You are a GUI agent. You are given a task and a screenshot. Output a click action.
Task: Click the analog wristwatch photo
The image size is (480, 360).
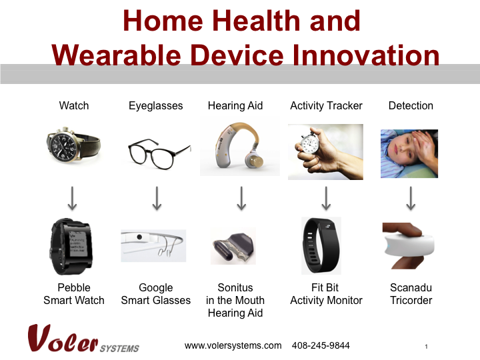click(73, 144)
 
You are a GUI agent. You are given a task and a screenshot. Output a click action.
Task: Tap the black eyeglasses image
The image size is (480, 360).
click(156, 151)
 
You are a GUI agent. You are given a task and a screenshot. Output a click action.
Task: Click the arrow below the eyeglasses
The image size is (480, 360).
click(157, 197)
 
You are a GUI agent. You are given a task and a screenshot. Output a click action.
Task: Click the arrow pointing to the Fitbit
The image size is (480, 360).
click(327, 197)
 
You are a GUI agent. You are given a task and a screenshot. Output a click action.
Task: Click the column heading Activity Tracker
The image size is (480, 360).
click(326, 105)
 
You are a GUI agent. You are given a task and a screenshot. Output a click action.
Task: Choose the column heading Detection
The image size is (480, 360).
click(411, 105)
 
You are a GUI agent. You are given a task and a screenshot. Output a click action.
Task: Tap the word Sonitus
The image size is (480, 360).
click(235, 288)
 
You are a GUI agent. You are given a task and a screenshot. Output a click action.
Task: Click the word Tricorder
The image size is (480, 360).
click(411, 300)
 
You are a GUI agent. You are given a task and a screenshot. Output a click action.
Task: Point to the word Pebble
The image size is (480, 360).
click(74, 288)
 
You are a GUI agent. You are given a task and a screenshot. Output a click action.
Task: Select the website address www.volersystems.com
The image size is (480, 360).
click(233, 345)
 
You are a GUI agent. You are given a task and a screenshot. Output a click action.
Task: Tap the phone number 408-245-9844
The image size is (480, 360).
click(321, 345)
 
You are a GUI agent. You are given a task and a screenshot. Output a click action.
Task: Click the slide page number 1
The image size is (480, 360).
click(425, 347)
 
